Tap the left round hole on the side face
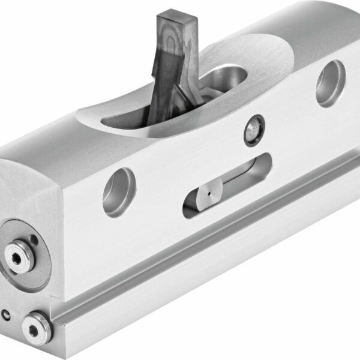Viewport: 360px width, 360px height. coord(119,191)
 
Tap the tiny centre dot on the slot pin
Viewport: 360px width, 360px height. coord(208,194)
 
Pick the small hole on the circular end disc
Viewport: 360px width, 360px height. coord(35,241)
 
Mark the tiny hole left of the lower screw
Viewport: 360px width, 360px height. coord(6,313)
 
